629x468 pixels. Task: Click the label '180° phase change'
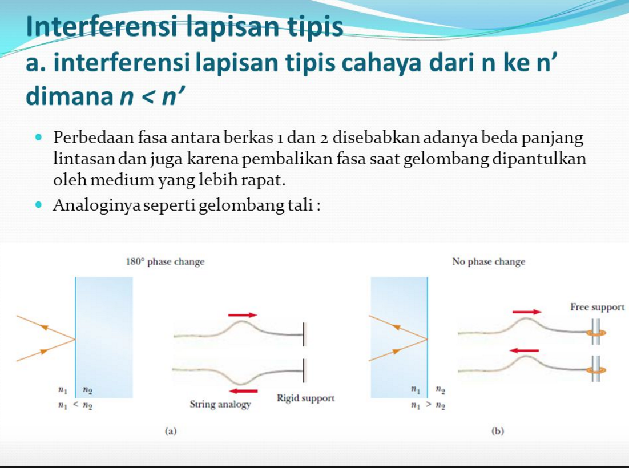tap(164, 262)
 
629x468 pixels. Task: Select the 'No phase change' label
tap(488, 262)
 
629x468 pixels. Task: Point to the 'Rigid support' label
tap(305, 397)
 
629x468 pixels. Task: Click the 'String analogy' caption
tap(220, 405)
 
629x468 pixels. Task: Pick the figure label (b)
tap(498, 431)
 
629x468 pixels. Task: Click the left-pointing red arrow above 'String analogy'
tap(242, 391)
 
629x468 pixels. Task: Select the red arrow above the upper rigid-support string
tap(242, 314)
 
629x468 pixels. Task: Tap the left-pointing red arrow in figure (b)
tap(525, 350)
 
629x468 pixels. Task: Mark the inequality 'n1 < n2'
tap(75, 405)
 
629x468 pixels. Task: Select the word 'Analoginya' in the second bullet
tap(95, 205)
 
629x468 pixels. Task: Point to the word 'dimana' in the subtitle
tap(68, 96)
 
